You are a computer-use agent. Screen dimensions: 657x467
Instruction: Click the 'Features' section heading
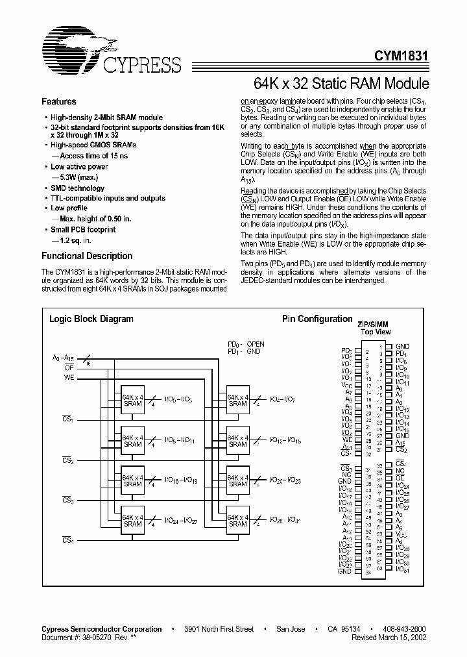pyautogui.click(x=59, y=102)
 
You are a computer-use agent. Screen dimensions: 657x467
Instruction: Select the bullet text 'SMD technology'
pyautogui.click(x=77, y=188)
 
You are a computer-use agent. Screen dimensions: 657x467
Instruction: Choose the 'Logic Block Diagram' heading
pyautogui.click(x=91, y=319)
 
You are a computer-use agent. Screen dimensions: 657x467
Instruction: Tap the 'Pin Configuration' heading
pyautogui.click(x=317, y=319)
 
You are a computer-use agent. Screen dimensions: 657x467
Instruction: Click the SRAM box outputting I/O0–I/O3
pyautogui.click(x=133, y=400)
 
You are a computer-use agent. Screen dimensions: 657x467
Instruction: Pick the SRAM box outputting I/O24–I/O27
pyautogui.click(x=133, y=520)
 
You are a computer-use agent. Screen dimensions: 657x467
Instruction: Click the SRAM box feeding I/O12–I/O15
pyautogui.click(x=238, y=441)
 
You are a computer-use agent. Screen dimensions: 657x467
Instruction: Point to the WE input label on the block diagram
pyautogui.click(x=69, y=377)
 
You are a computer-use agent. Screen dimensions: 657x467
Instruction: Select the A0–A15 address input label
pyautogui.click(x=62, y=357)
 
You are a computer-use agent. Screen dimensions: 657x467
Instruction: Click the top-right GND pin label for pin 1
pyautogui.click(x=402, y=347)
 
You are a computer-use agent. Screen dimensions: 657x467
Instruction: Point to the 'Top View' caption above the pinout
pyautogui.click(x=376, y=332)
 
